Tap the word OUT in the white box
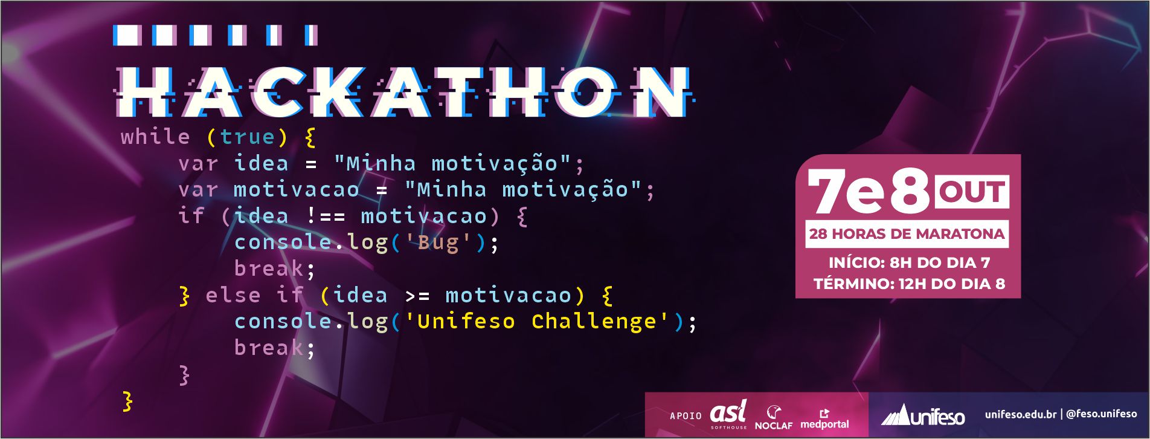[971, 192]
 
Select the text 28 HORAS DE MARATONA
[907, 234]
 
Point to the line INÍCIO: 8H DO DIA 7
[909, 262]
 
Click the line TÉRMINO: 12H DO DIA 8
[909, 284]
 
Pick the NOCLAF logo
[774, 418]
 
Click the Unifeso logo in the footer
[922, 415]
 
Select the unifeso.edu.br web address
[1020, 414]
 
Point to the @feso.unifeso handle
[1102, 414]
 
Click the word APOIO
[686, 416]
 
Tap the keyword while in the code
[155, 137]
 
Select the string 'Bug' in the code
[438, 242]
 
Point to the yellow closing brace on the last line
[127, 401]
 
